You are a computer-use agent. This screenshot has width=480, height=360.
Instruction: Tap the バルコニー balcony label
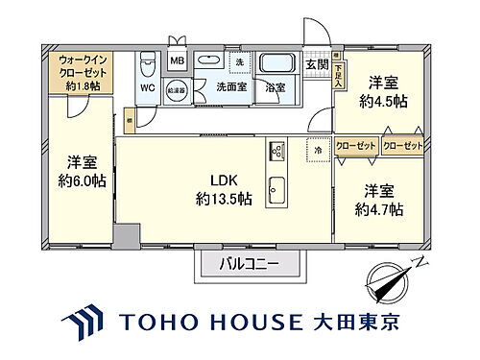[248, 262]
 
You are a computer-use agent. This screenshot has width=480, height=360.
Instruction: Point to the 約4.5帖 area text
[383, 99]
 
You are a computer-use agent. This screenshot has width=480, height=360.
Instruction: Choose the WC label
[147, 87]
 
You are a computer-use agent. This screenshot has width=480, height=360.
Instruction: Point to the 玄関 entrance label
[317, 65]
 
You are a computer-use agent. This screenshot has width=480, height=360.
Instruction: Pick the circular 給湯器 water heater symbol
[177, 88]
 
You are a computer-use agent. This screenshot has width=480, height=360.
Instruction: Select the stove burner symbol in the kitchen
[276, 151]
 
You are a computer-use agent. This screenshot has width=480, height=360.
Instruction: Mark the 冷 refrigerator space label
[317, 151]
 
